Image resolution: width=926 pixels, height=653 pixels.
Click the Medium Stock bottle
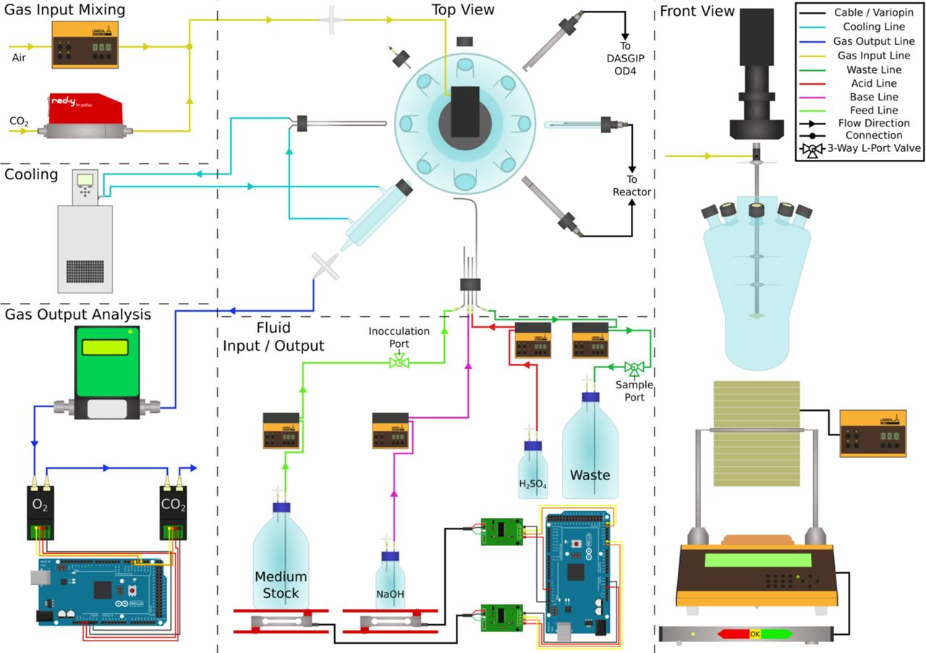(281, 564)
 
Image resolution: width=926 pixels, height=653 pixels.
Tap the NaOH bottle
(391, 582)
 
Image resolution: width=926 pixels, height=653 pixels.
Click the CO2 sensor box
(174, 510)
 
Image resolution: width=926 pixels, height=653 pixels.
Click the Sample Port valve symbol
(634, 367)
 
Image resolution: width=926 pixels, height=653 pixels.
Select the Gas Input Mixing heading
(65, 10)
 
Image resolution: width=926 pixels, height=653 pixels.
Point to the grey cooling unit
(85, 235)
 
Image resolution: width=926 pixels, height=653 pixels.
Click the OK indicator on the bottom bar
(755, 634)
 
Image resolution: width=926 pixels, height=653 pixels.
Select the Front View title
(697, 11)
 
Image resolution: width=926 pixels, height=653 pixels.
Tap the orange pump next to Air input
(85, 45)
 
